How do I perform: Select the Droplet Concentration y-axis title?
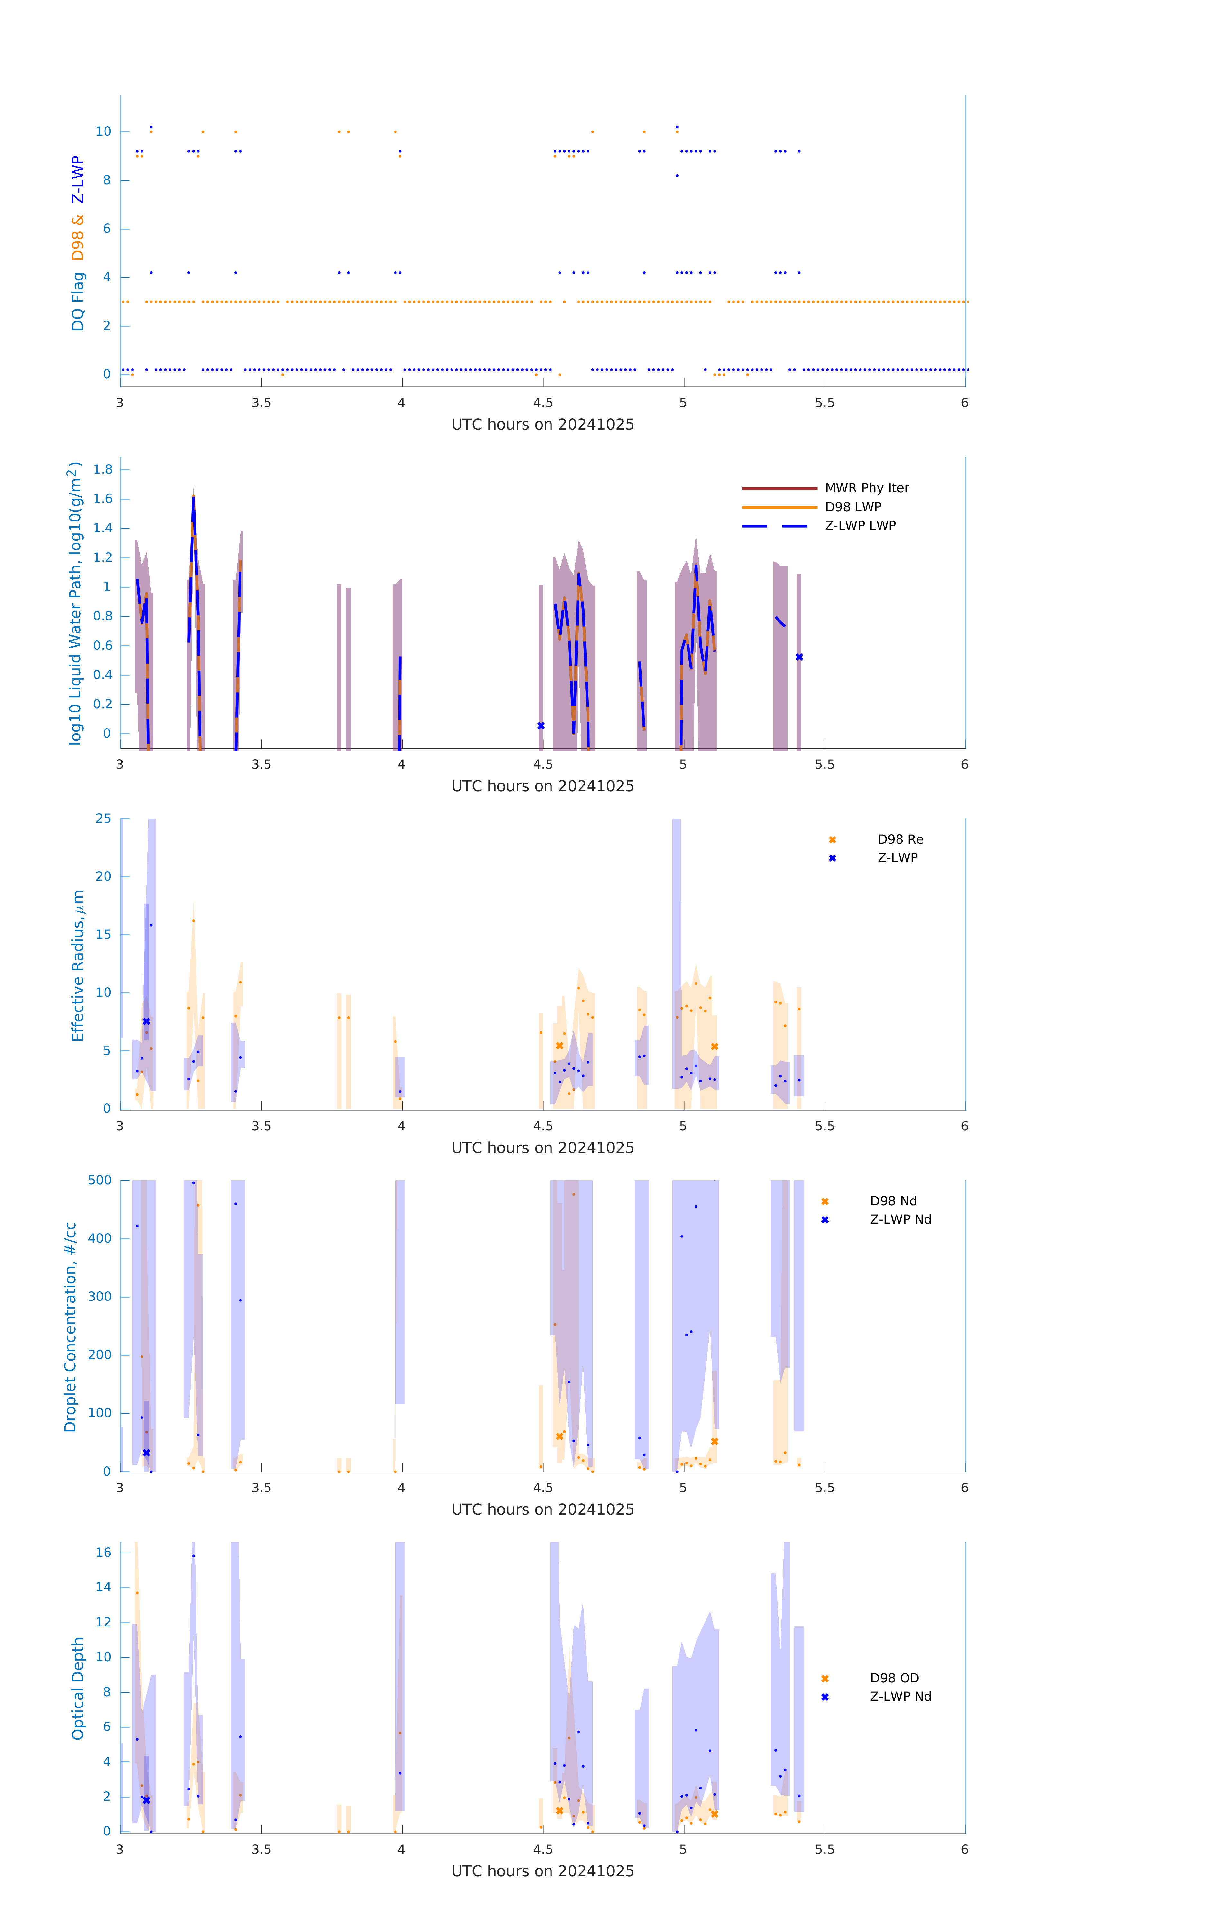pos(70,1327)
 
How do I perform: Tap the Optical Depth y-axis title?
pos(78,1689)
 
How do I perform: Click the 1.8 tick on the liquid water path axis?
pos(103,469)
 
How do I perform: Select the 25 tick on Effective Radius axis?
pos(103,819)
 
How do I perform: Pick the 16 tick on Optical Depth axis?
pos(103,1553)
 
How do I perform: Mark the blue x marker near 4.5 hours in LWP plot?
pos(541,726)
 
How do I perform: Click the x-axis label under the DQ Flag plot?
pos(542,425)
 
